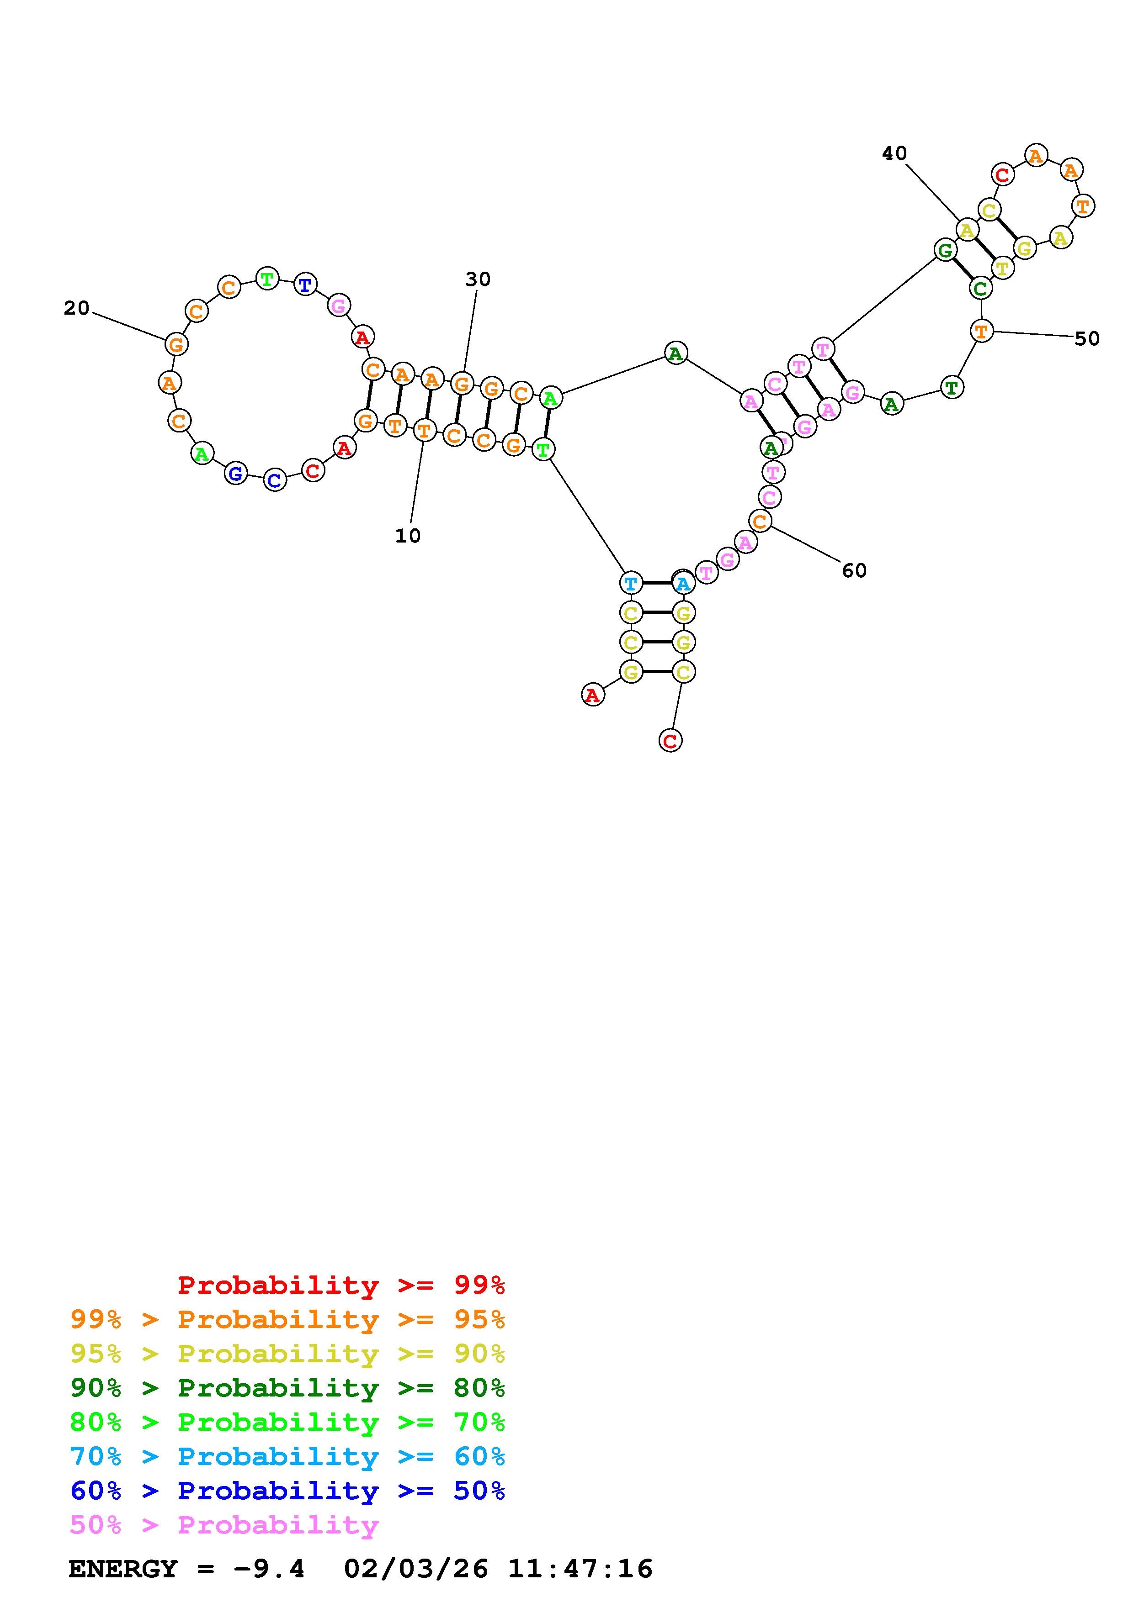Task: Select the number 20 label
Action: click(x=77, y=308)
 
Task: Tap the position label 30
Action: click(x=478, y=279)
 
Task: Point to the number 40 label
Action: click(x=894, y=153)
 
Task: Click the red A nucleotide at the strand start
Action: click(x=593, y=695)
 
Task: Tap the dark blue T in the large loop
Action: click(x=305, y=285)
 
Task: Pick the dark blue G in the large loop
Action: click(x=236, y=474)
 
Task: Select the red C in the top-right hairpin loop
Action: click(x=1003, y=174)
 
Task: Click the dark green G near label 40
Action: click(x=945, y=250)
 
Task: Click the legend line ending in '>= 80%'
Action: click(x=287, y=1388)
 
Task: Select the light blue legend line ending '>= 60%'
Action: click(x=287, y=1456)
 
